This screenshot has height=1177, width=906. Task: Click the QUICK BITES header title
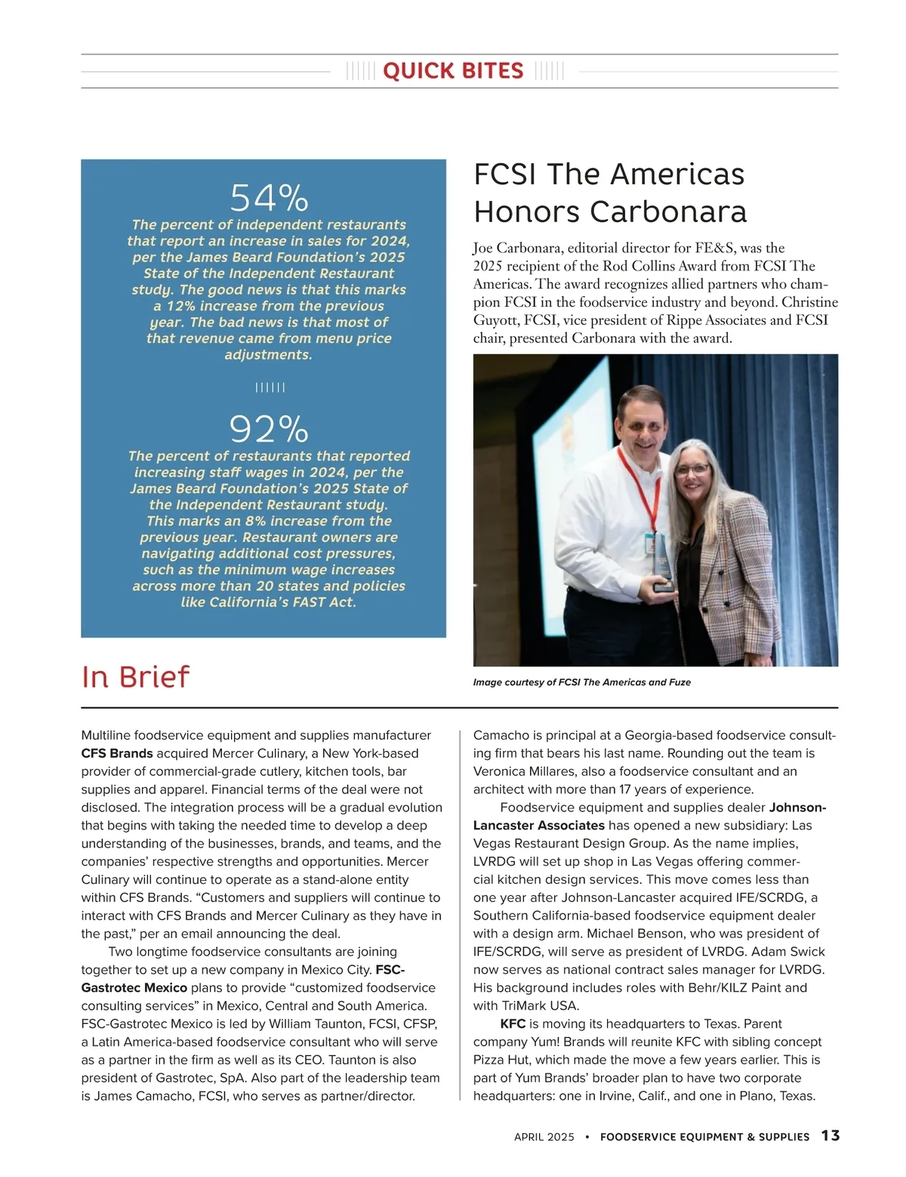(453, 71)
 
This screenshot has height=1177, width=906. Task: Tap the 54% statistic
(269, 199)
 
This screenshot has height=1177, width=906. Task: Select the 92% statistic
(269, 430)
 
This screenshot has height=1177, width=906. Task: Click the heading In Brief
(135, 677)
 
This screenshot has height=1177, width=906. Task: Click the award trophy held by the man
(663, 563)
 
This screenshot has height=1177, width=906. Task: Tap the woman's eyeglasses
(692, 469)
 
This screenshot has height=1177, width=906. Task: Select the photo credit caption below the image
(581, 682)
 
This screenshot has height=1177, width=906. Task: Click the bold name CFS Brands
(117, 753)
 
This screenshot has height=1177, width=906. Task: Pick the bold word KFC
(513, 1024)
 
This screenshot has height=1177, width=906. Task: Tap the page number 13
(830, 1135)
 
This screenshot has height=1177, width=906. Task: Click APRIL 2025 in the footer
(544, 1137)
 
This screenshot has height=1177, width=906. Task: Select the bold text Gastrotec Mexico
(134, 987)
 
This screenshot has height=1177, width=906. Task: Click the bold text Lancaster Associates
(539, 825)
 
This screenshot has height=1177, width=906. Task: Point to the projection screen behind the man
(574, 431)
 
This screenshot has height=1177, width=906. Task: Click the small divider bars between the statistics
(270, 388)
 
